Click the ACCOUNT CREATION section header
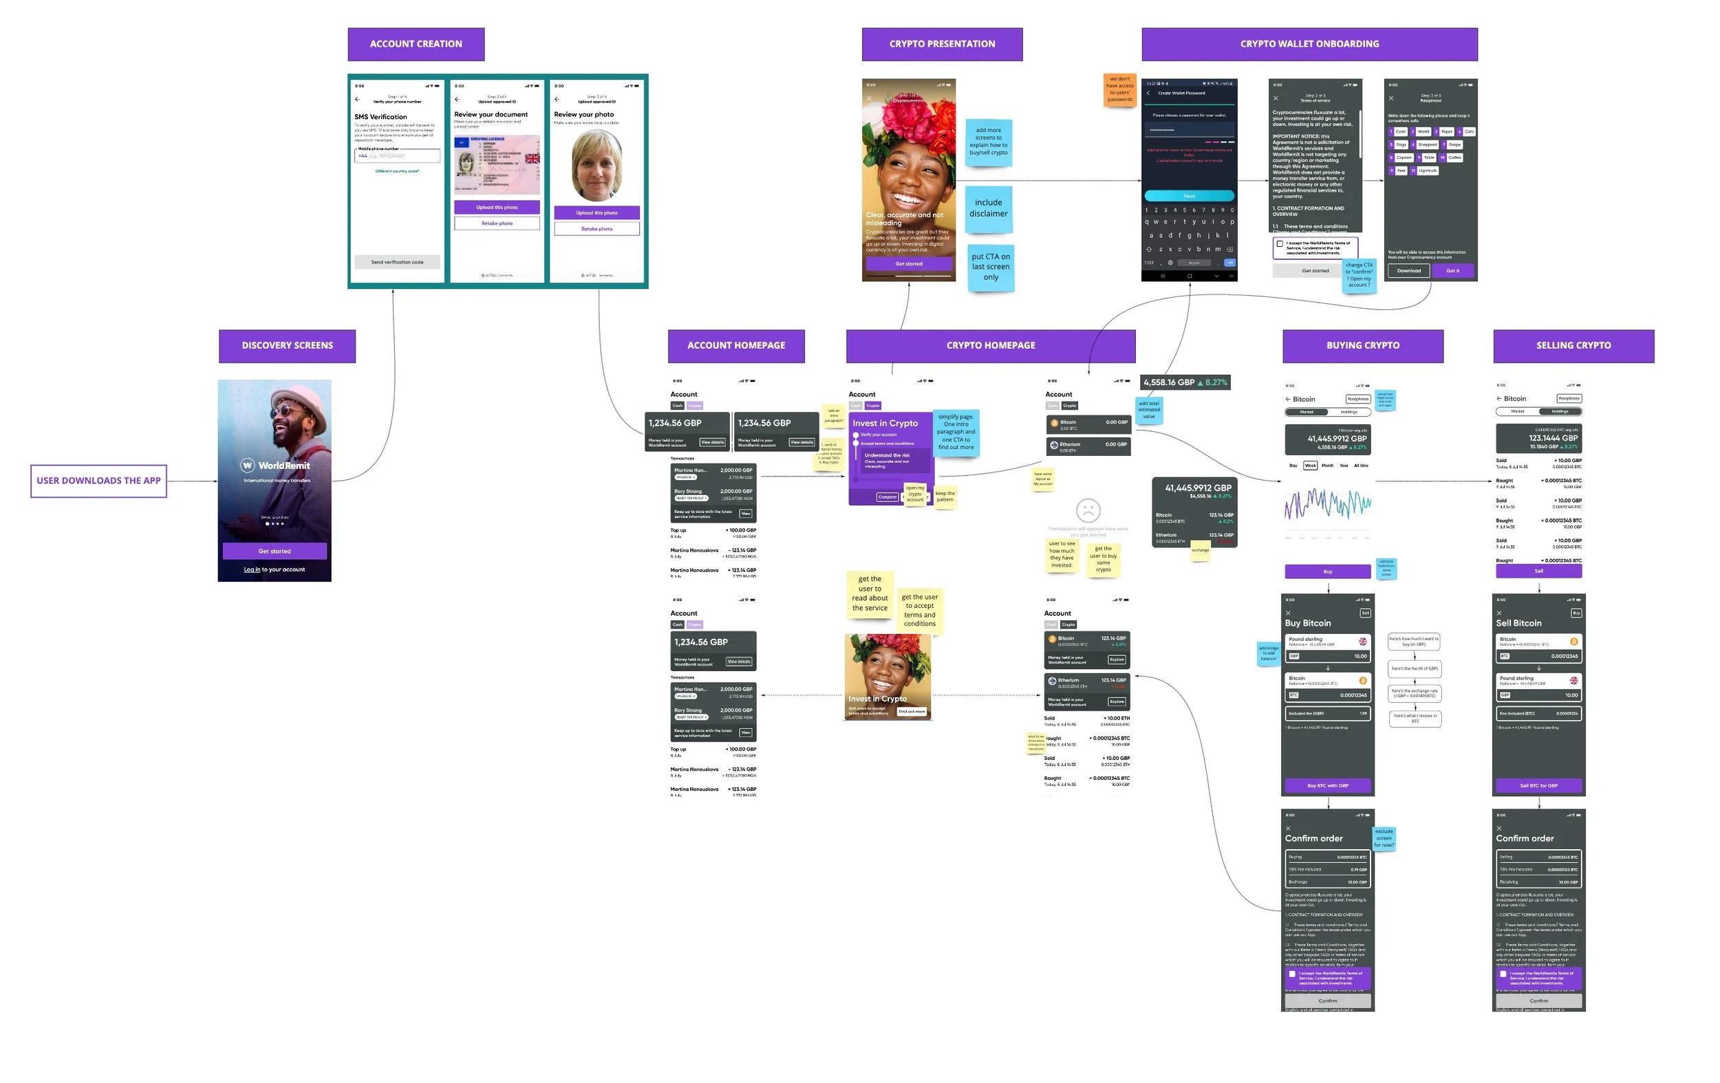pos(416,44)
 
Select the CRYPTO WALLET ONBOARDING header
pos(1309,44)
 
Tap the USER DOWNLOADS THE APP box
pos(98,481)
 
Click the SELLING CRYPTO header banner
pos(1573,346)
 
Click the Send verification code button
pos(397,262)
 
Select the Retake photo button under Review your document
pos(497,223)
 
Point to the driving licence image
pos(497,164)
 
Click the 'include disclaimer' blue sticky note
pos(988,208)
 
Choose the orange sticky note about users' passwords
pos(1119,89)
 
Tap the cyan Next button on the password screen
pos(1189,195)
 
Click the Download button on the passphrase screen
pos(1408,270)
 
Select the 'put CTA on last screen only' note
pos(990,267)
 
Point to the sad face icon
pos(1087,510)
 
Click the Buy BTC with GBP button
pos(1327,785)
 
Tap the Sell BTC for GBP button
pos(1538,785)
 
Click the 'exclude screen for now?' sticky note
pos(1384,838)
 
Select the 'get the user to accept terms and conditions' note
pos(919,610)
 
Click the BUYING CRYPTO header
pos(1362,346)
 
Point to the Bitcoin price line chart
pos(1327,504)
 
